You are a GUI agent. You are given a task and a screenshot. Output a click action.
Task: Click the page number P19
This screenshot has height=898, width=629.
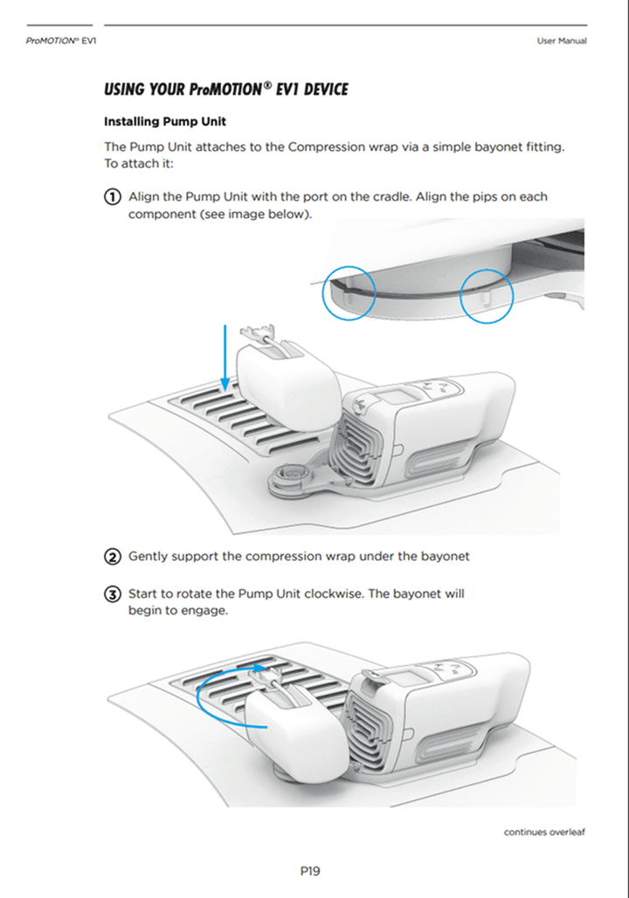coord(310,870)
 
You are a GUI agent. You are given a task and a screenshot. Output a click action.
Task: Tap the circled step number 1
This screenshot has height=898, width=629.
coord(113,196)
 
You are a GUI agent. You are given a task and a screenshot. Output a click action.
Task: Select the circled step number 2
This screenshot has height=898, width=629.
coord(113,556)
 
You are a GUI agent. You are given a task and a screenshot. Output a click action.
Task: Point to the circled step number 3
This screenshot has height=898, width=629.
coord(113,594)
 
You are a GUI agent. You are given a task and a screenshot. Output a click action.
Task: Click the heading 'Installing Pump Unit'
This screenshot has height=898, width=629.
coord(165,121)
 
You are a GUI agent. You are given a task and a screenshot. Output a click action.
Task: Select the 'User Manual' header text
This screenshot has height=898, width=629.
coord(562,41)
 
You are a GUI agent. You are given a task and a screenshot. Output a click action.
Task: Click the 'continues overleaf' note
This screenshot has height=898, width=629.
coord(544,832)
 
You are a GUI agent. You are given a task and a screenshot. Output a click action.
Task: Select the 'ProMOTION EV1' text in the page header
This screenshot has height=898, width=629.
coord(60,41)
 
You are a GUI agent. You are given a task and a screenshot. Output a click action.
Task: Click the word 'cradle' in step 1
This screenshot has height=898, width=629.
coord(390,196)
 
